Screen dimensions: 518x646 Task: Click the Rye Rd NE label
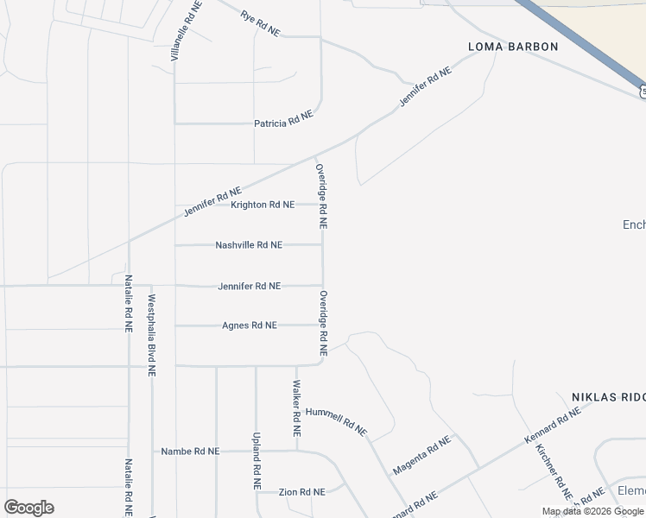pyautogui.click(x=260, y=23)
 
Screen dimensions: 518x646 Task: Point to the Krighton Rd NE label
pyautogui.click(x=263, y=205)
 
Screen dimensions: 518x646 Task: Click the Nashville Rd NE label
pyautogui.click(x=249, y=245)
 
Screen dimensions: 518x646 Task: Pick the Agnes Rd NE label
pyautogui.click(x=250, y=325)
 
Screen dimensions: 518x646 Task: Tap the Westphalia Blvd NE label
pyautogui.click(x=151, y=336)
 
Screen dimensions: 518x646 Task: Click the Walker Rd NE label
pyautogui.click(x=296, y=407)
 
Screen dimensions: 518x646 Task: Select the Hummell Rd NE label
pyautogui.click(x=336, y=420)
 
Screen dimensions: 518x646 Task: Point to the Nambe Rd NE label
pyautogui.click(x=190, y=452)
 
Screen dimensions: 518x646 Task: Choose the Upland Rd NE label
pyautogui.click(x=256, y=461)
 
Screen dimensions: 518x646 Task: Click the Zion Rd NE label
pyautogui.click(x=301, y=491)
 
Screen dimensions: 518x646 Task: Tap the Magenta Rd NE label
pyautogui.click(x=422, y=455)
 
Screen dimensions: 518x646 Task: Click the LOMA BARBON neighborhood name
pyautogui.click(x=513, y=47)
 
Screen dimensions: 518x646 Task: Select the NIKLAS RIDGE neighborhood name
pyautogui.click(x=608, y=397)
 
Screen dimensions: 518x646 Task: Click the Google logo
pyautogui.click(x=28, y=508)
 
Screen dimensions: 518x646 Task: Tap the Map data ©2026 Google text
pyautogui.click(x=593, y=511)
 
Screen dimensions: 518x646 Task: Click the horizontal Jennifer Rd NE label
pyautogui.click(x=249, y=286)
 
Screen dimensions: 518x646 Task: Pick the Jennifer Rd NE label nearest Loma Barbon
pyautogui.click(x=426, y=87)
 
